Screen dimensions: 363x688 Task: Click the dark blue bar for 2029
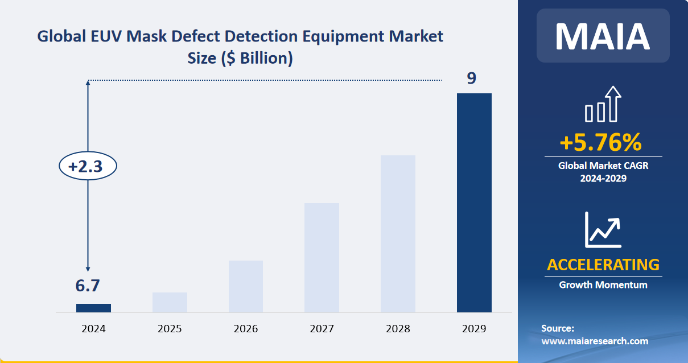click(x=474, y=203)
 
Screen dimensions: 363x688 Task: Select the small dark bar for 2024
click(x=93, y=308)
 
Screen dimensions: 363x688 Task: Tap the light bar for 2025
click(x=170, y=302)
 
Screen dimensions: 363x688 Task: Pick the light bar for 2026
click(x=246, y=286)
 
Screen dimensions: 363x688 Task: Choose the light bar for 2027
click(x=322, y=257)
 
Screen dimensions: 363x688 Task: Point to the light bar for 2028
click(x=398, y=233)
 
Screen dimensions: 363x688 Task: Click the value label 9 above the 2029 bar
click(x=471, y=78)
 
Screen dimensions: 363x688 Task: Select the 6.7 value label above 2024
click(x=88, y=286)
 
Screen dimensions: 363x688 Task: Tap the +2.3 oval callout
click(x=88, y=167)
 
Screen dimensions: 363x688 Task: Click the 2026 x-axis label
click(x=246, y=329)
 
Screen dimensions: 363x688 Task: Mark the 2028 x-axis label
click(x=398, y=329)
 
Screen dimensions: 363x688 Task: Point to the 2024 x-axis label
click(x=93, y=329)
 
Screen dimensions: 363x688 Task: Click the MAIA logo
click(x=603, y=35)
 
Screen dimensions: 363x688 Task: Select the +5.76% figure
click(x=600, y=142)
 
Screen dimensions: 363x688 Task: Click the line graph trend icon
click(x=603, y=229)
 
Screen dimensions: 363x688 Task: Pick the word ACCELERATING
click(x=603, y=265)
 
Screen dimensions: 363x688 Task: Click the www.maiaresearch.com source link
click(x=595, y=341)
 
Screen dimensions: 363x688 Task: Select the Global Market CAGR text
click(x=603, y=166)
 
